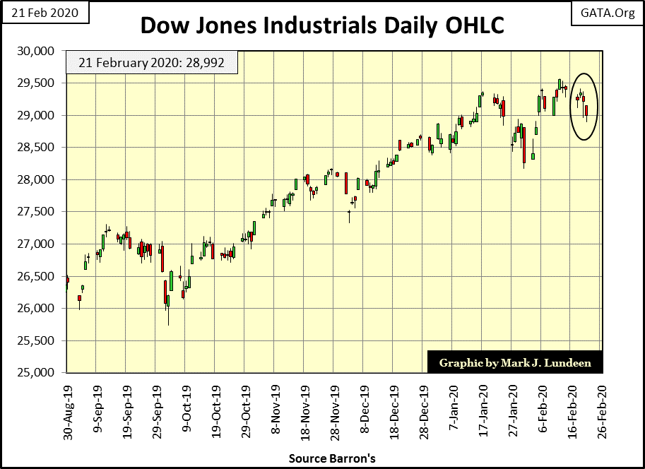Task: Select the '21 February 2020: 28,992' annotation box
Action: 152,63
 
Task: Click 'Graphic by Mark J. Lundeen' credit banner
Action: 514,362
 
